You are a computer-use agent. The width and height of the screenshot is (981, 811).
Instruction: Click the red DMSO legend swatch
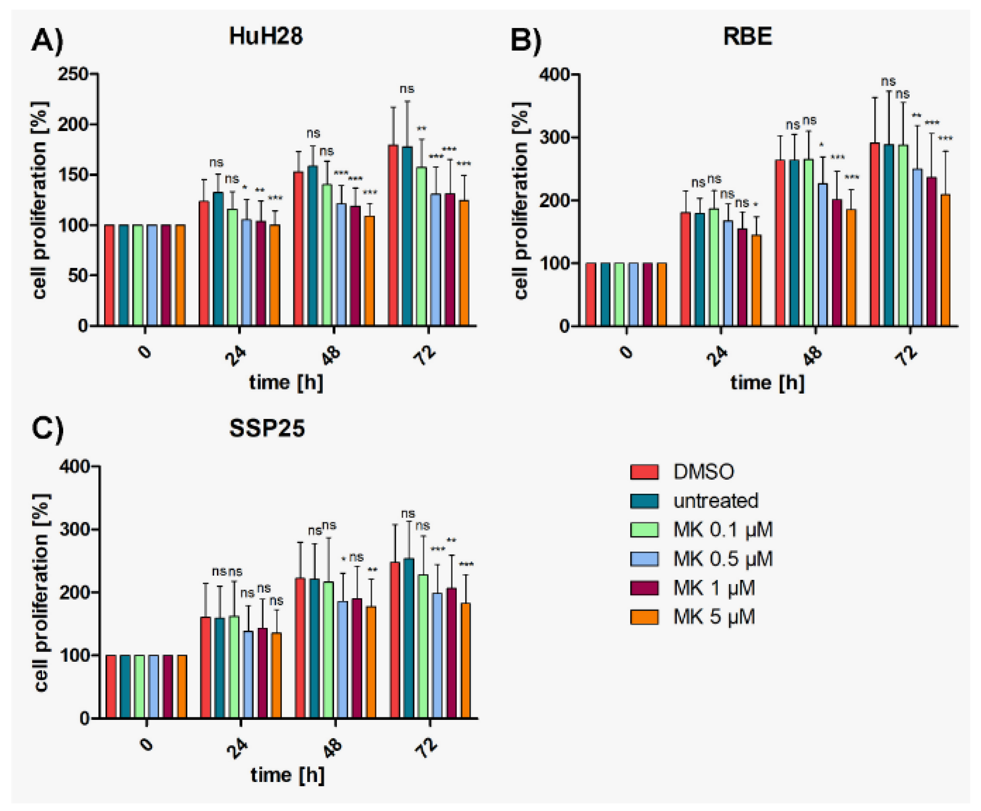[x=644, y=472]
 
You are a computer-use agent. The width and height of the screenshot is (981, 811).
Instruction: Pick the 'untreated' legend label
[x=715, y=501]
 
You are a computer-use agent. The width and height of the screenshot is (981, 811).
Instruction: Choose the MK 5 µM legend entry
[x=713, y=617]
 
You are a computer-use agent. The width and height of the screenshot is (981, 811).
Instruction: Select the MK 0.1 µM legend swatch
[x=644, y=530]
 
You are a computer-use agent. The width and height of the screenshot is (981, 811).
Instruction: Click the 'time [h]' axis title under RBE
[x=767, y=383]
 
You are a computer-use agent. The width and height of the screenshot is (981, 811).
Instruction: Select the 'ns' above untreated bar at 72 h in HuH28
[x=407, y=89]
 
